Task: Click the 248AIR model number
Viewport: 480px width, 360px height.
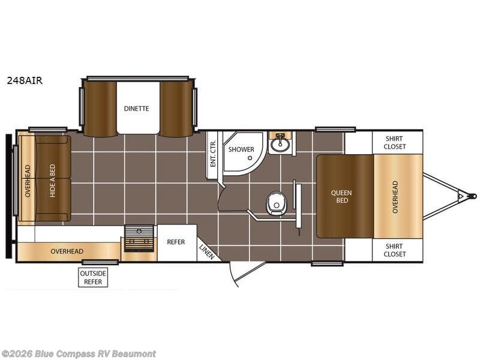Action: [x=25, y=80]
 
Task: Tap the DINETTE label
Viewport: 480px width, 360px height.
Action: [x=137, y=109]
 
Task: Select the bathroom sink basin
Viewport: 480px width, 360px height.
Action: [x=280, y=144]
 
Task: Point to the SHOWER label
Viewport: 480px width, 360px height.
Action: [x=241, y=149]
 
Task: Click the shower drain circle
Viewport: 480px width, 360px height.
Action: [x=250, y=158]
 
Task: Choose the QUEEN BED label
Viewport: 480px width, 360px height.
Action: [x=341, y=197]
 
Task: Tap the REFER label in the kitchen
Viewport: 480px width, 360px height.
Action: [x=176, y=242]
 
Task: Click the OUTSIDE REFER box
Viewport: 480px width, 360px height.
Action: [x=93, y=277]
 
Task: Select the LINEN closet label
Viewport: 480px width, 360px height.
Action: [x=206, y=252]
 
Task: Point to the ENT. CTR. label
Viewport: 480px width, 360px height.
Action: [x=213, y=154]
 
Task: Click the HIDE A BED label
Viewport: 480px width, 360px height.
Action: [x=52, y=181]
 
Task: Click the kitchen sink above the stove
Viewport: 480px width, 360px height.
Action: [x=139, y=230]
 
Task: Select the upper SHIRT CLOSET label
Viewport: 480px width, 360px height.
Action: [x=395, y=143]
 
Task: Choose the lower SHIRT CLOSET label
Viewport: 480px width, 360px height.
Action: [x=395, y=250]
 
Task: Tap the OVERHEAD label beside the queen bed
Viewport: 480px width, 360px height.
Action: [x=395, y=197]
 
